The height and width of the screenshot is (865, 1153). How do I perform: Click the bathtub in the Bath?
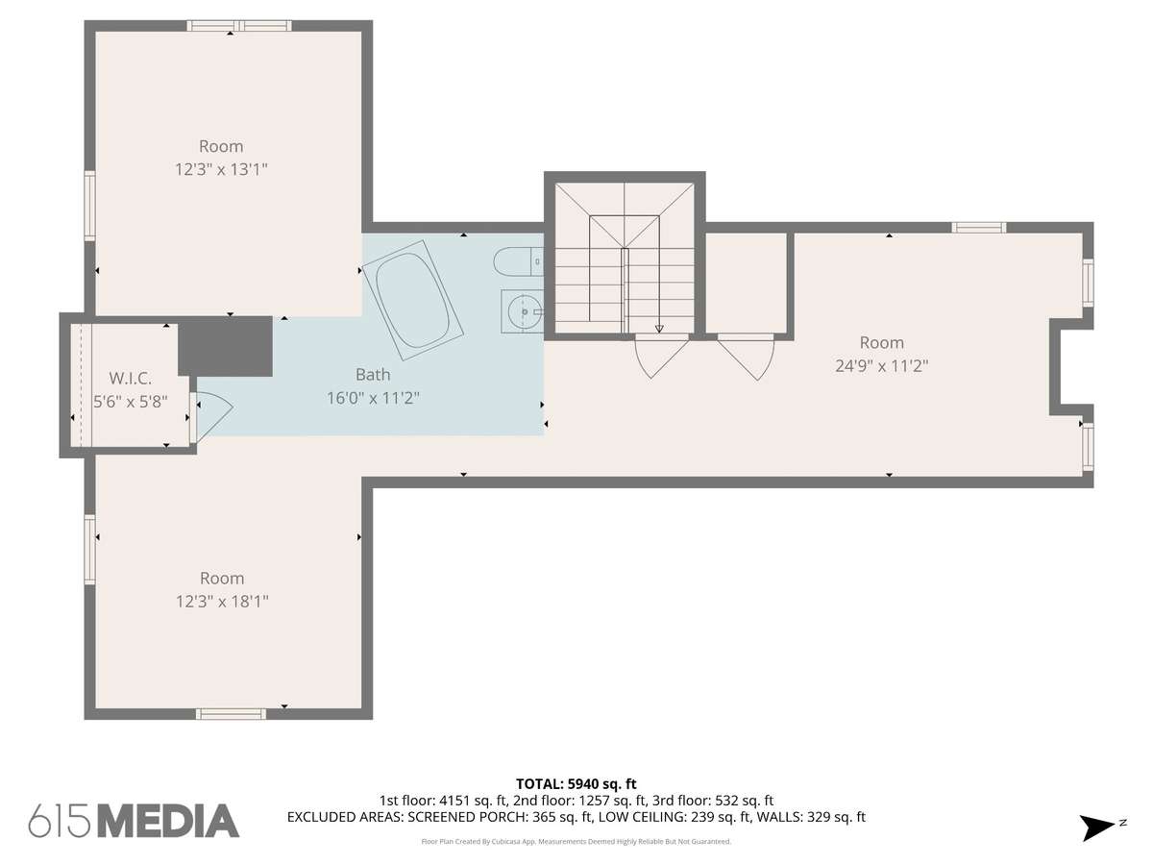(413, 301)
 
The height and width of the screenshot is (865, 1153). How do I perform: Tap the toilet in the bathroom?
(518, 262)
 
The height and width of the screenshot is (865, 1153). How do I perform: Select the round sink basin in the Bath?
(524, 312)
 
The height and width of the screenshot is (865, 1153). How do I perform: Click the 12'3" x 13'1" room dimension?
(221, 169)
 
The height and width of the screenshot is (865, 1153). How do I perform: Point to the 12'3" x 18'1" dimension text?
(222, 602)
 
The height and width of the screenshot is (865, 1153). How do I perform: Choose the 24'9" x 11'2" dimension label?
(881, 365)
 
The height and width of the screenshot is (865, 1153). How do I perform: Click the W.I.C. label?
(131, 378)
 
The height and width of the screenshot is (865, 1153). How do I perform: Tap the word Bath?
(373, 375)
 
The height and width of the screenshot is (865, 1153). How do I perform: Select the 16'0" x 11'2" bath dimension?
(373, 398)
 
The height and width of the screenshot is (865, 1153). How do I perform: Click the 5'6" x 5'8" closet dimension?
(131, 402)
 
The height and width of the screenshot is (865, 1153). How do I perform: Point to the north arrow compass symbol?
(1097, 828)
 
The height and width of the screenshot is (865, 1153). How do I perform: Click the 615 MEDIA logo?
(134, 821)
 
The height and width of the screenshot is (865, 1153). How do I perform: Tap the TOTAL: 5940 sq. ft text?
(576, 784)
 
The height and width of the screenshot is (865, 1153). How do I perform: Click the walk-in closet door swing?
(212, 416)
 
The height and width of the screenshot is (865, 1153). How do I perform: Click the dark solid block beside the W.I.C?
(225, 346)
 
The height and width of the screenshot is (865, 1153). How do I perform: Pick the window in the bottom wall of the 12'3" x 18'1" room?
(232, 714)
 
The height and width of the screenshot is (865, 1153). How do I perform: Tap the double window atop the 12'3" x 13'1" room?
(239, 26)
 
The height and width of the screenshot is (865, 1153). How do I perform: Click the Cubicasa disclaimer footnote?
(576, 842)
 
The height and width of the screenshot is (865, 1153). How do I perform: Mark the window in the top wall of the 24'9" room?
(979, 228)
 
